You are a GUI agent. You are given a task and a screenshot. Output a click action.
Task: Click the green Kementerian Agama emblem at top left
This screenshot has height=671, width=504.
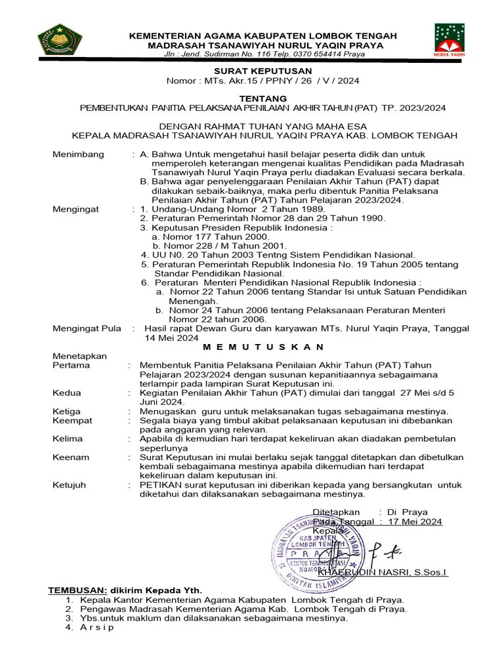pos(64,41)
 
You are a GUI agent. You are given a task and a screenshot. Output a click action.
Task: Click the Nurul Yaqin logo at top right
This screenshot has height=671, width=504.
pos(450,41)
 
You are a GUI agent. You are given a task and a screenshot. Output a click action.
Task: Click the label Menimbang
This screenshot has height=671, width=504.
pos(78,154)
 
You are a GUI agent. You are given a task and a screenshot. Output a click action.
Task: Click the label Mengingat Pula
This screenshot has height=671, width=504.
pos(87,329)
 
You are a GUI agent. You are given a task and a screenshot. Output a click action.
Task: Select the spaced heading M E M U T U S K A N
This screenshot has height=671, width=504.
pos(263,346)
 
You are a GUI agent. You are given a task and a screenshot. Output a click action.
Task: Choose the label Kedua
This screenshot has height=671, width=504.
pos(67,393)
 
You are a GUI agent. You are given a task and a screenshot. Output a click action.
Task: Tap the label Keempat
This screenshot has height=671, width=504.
pos(72,420)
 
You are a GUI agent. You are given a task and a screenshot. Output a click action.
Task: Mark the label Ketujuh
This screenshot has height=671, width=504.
pos(70,485)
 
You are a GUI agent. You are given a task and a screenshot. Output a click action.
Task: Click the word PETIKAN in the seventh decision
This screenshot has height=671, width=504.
pos(158,485)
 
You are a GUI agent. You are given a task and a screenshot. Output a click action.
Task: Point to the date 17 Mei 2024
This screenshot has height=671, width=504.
pos(415,522)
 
